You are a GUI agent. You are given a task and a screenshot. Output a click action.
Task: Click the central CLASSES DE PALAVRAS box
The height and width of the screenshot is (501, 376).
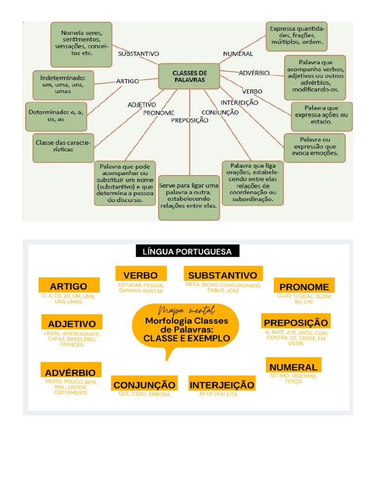click(x=189, y=76)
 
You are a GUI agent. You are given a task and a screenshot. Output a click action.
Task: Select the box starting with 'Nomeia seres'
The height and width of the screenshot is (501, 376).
click(x=81, y=44)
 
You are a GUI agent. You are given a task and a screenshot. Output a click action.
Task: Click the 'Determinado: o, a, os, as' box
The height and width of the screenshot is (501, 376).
click(x=56, y=115)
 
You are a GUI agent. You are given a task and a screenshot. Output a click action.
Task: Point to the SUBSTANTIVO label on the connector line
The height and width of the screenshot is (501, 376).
click(x=138, y=54)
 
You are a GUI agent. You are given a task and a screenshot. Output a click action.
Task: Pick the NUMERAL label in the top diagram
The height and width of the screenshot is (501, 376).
click(x=238, y=54)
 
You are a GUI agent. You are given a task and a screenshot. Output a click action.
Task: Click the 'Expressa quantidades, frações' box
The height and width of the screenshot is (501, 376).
click(x=297, y=36)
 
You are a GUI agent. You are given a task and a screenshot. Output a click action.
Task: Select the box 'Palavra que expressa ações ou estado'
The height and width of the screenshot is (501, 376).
click(x=321, y=115)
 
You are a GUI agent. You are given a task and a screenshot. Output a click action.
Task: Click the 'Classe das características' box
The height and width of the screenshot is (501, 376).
click(x=63, y=147)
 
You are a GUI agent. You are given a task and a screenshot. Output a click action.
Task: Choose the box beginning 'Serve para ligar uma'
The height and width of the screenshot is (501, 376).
click(x=189, y=197)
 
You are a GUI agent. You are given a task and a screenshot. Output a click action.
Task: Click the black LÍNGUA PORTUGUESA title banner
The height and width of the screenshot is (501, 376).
click(x=188, y=251)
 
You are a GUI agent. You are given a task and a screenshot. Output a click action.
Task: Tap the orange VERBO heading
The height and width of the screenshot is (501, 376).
click(x=141, y=274)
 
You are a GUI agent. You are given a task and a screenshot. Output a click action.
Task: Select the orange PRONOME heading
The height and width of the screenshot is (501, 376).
click(x=304, y=286)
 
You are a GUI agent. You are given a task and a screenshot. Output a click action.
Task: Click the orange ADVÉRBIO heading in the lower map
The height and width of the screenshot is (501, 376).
click(x=70, y=372)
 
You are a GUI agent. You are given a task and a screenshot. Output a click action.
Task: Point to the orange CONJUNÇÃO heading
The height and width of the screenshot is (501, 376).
click(x=144, y=385)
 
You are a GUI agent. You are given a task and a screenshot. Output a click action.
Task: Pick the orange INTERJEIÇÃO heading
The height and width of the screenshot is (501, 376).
click(x=222, y=385)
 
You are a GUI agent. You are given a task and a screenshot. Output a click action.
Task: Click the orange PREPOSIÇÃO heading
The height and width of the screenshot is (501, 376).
click(x=296, y=322)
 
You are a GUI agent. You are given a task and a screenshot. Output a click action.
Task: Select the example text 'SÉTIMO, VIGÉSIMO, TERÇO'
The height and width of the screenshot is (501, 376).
click(x=293, y=378)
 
